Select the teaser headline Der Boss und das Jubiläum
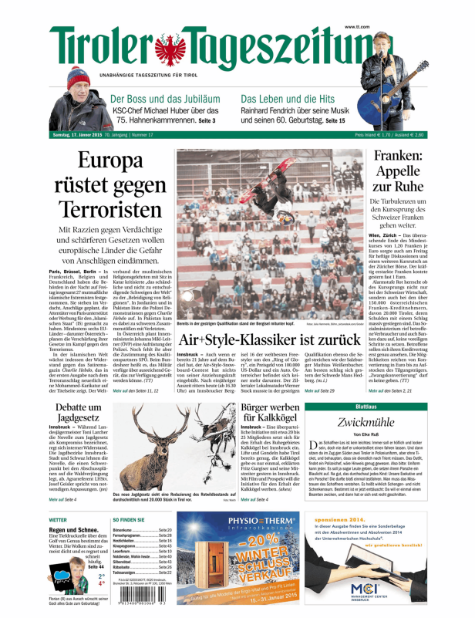[x=164, y=99]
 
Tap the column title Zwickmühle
[x=367, y=421]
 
